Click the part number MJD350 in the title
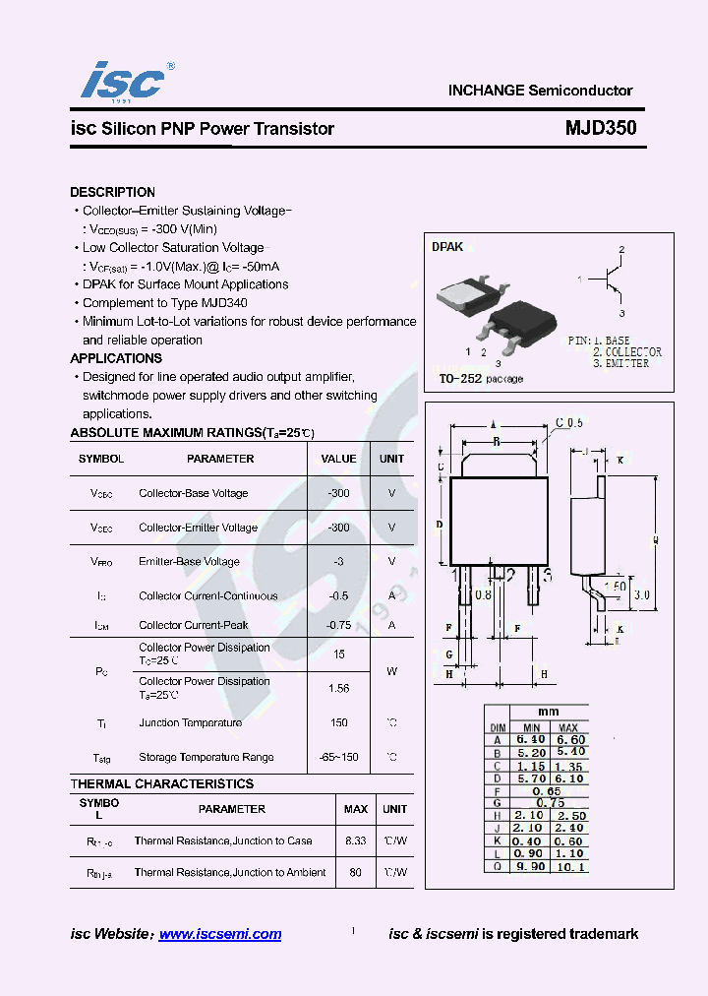click(600, 128)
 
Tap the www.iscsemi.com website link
click(219, 934)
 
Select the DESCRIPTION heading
click(112, 192)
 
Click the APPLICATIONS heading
click(116, 358)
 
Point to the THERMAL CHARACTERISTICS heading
click(161, 783)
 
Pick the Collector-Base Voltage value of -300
click(338, 493)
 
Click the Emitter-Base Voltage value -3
click(338, 561)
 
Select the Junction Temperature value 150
click(338, 722)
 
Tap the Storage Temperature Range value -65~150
click(338, 757)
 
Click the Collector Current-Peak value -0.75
click(338, 625)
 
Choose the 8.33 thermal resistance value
click(355, 840)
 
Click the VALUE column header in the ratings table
click(338, 459)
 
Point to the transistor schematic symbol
click(612, 279)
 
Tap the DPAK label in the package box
click(447, 247)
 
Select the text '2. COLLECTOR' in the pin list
click(625, 351)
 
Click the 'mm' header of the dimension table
click(548, 712)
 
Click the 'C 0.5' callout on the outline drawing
click(568, 422)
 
